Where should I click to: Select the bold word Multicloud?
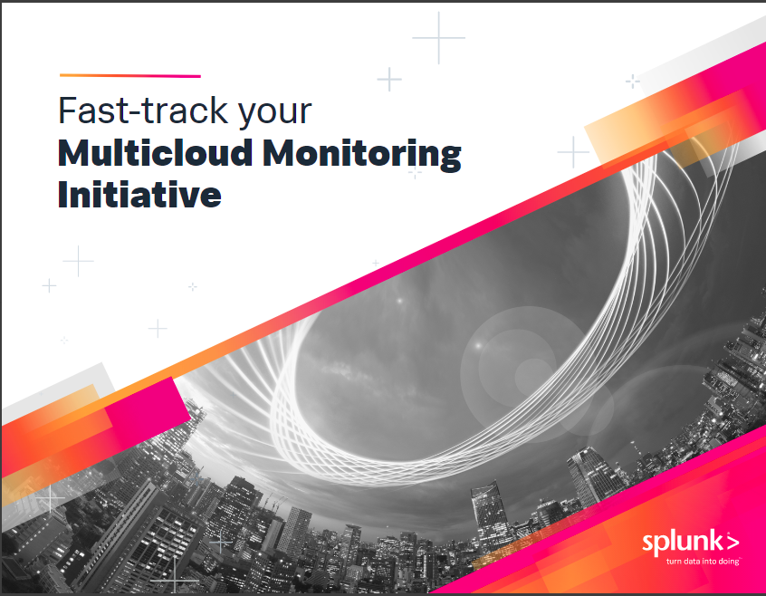tap(156, 153)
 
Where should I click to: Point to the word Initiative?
tap(139, 194)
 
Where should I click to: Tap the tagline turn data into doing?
tap(703, 562)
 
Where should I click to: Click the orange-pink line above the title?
tap(130, 76)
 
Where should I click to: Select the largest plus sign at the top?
tap(438, 38)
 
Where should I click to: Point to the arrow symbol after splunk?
tap(732, 542)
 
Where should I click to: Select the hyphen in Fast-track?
tap(133, 113)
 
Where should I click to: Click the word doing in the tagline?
tap(729, 562)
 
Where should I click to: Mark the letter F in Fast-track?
tap(69, 111)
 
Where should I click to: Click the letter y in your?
tap(248, 117)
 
